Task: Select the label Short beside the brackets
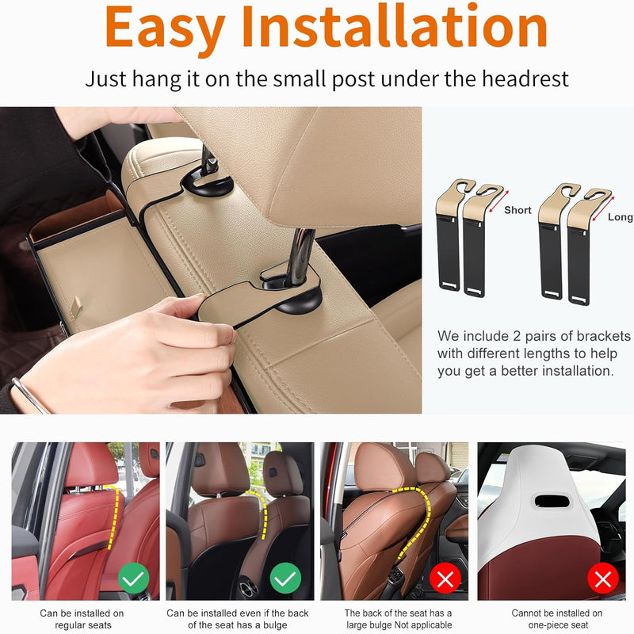[x=518, y=210]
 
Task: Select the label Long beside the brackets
[x=621, y=216]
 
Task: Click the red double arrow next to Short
[x=498, y=201]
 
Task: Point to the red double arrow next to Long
[x=603, y=208]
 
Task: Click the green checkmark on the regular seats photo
[x=133, y=579]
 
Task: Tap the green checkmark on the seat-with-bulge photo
[x=285, y=579]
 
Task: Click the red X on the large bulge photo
[x=445, y=579]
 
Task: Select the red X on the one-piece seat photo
[x=603, y=579]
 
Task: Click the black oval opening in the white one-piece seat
[x=552, y=501]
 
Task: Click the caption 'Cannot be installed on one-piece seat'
[x=557, y=619]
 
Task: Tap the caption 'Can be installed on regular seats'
[x=82, y=619]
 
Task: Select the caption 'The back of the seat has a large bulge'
[x=399, y=619]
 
